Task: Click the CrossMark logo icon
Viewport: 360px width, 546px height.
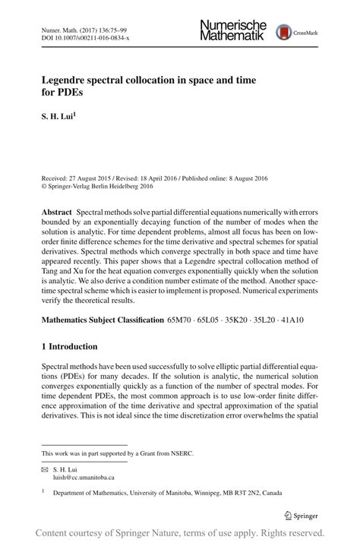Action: (x=284, y=31)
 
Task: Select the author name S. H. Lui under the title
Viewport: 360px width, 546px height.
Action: (x=56, y=117)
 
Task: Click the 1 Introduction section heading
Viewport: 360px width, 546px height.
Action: (x=69, y=346)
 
